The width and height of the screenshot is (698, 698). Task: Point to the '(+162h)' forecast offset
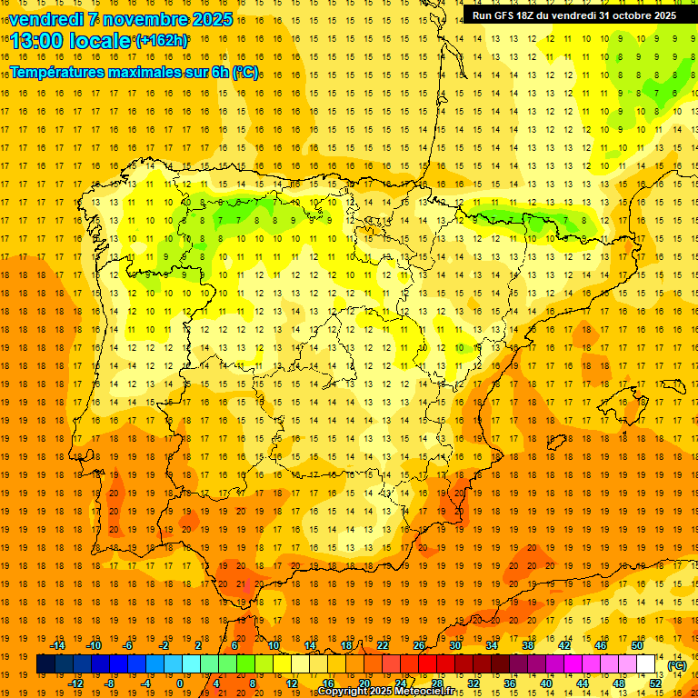(x=161, y=40)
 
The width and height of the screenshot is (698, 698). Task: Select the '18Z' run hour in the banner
(x=526, y=15)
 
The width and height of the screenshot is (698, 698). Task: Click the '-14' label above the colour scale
(x=58, y=645)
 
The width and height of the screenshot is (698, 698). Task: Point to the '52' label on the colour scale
(x=654, y=683)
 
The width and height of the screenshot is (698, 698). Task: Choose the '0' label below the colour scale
(x=180, y=683)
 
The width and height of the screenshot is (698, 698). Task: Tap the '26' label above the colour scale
(x=419, y=645)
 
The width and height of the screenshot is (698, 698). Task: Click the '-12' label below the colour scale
(x=75, y=683)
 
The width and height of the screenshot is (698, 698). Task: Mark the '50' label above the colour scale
(x=637, y=645)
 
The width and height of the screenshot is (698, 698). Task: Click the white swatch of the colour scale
(x=646, y=664)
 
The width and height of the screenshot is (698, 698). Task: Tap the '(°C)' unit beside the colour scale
(x=676, y=664)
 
